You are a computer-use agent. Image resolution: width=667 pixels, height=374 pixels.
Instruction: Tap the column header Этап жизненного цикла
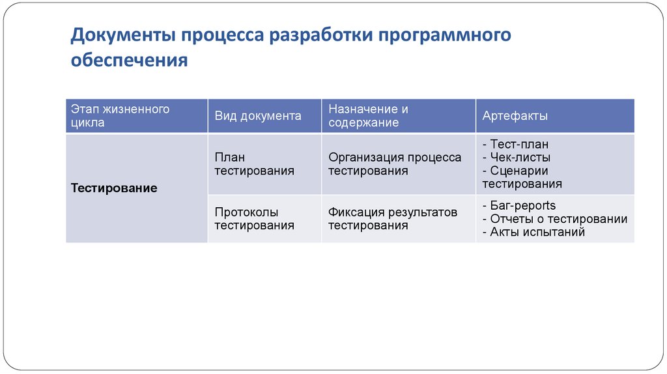pos(120,115)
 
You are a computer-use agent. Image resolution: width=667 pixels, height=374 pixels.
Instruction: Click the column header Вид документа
pos(258,116)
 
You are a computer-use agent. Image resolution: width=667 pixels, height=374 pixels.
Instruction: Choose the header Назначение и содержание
pos(368,115)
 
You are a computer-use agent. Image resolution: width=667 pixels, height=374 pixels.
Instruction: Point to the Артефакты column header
pos(515,116)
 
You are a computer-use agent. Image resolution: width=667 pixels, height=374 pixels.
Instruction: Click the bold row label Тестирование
pos(114,188)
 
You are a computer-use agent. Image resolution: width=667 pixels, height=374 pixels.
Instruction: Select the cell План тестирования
pos(254,164)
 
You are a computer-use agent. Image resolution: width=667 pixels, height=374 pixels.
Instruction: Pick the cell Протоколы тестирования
pos(254,219)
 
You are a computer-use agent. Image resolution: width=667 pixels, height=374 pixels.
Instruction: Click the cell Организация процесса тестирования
pos(395,164)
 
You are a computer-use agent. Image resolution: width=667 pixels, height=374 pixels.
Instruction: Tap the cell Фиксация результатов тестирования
pos(393,219)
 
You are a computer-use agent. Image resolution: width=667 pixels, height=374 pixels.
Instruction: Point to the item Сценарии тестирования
pos(521,177)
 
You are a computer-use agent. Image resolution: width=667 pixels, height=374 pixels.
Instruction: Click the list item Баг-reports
pos(518,206)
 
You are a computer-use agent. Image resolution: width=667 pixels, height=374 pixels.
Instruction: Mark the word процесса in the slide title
pos(222,35)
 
